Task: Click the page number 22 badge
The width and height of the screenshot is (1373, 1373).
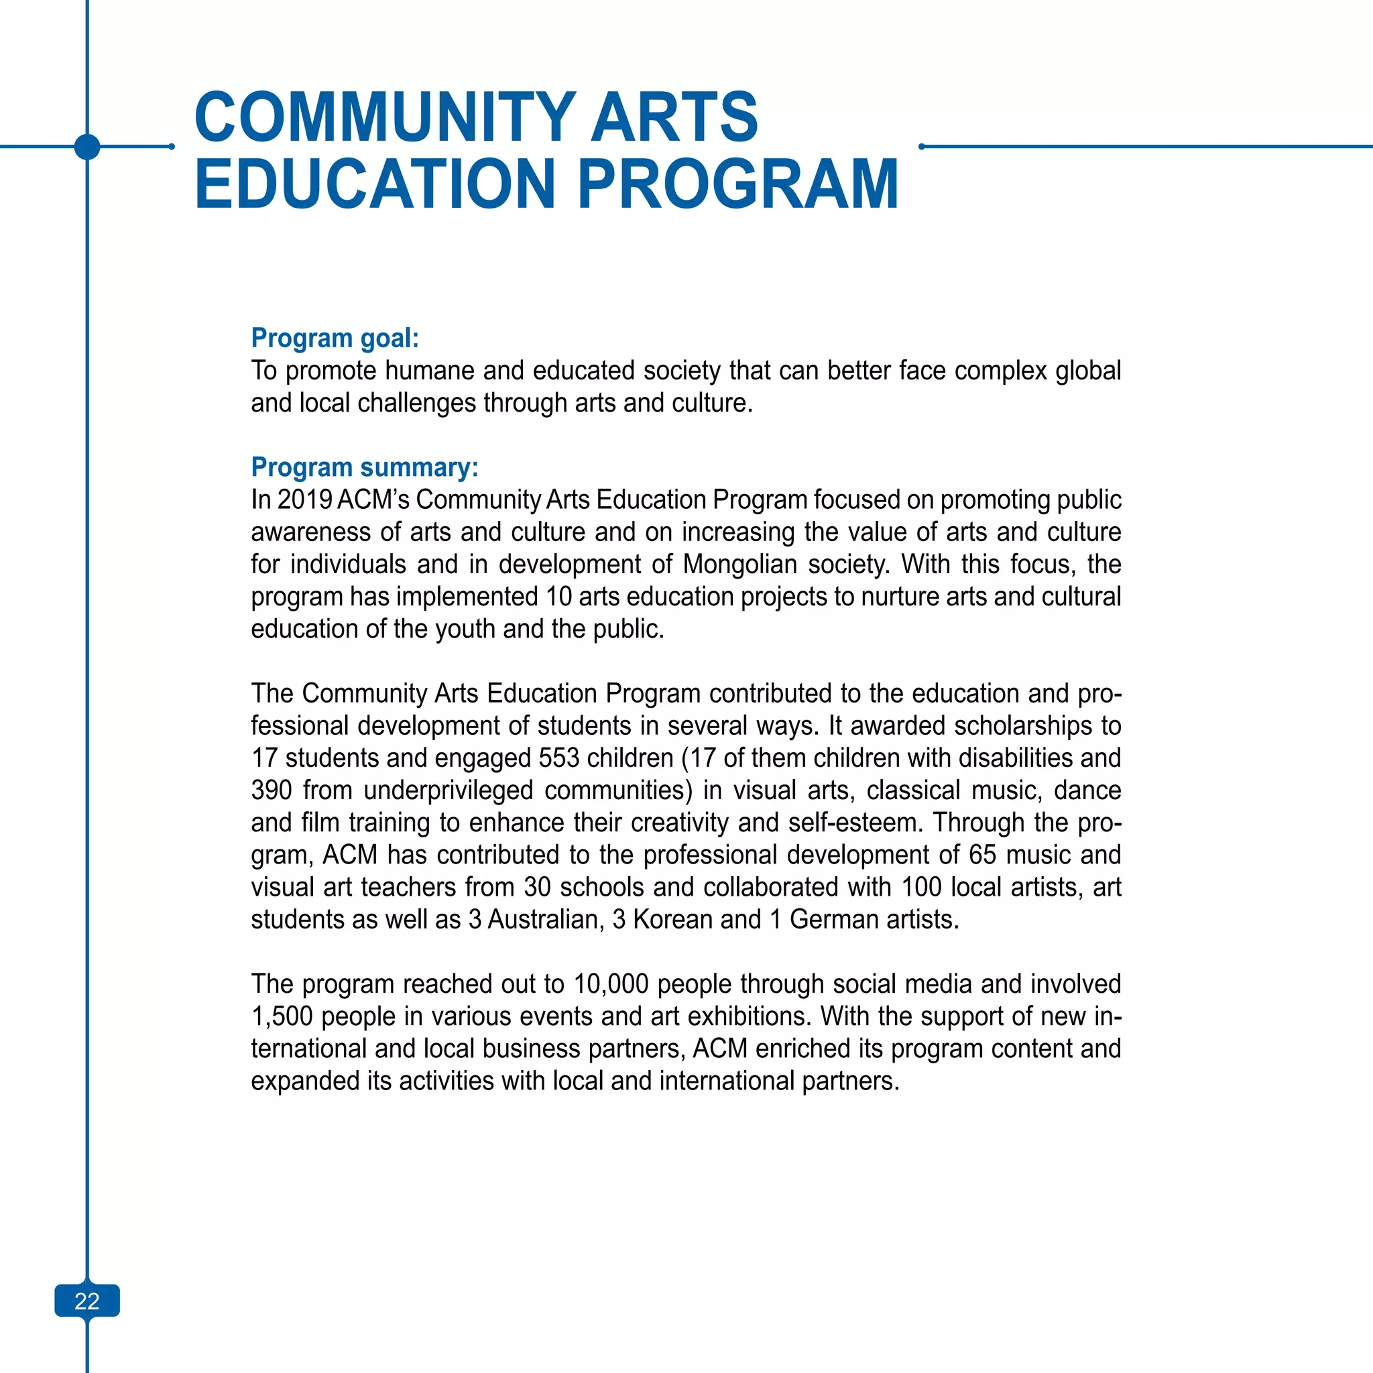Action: point(86,1301)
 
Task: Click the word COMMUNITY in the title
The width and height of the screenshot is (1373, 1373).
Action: point(383,117)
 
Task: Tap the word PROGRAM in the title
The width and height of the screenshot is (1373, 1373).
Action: point(737,184)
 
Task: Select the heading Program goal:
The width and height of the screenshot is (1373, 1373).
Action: point(335,338)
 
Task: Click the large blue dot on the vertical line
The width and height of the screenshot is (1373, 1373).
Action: point(86,146)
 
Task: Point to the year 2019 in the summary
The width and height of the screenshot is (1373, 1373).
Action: point(304,499)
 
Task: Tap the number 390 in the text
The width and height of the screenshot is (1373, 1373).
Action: point(272,790)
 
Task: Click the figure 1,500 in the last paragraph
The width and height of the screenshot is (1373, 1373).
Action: point(282,1016)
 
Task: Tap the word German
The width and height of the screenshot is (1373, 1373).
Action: point(829,920)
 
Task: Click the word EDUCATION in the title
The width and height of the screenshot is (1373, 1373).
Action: point(375,184)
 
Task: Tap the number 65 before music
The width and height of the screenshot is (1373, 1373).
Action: point(982,855)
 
